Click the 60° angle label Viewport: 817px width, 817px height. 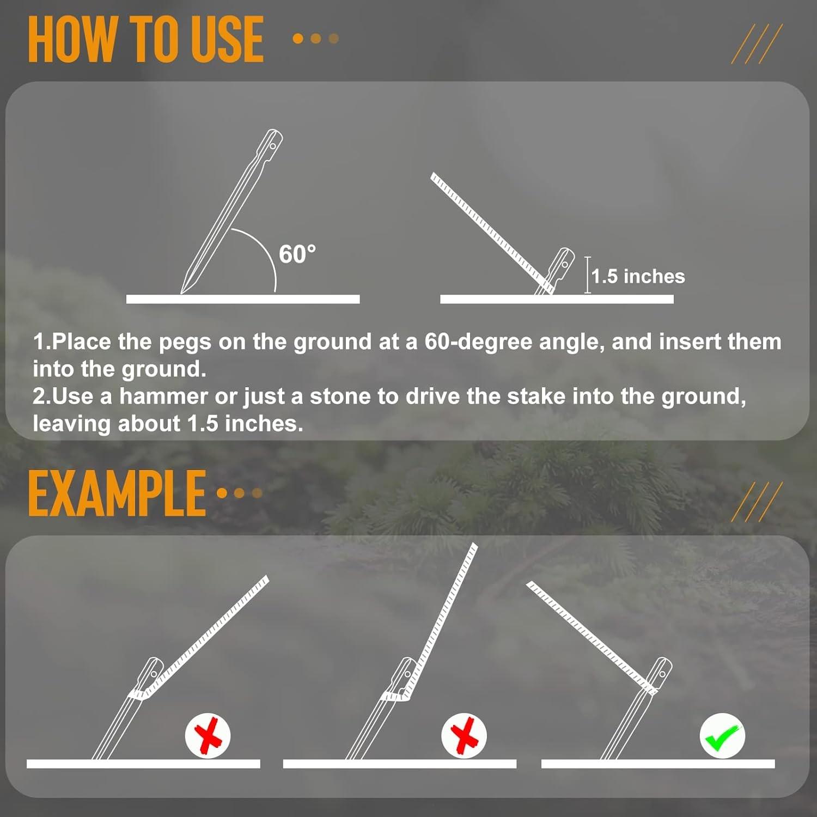coord(297,254)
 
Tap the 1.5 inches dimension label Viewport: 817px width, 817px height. coord(638,277)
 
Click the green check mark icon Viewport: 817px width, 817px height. coord(722,736)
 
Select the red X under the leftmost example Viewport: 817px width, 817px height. coord(208,736)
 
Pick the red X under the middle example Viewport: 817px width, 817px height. coord(464,736)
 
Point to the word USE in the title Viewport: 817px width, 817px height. coord(228,39)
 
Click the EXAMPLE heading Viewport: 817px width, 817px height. coord(117,493)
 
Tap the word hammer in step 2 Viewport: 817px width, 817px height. coord(164,396)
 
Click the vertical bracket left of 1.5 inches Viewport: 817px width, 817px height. coord(588,275)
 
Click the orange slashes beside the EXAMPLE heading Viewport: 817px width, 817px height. coord(757,501)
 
